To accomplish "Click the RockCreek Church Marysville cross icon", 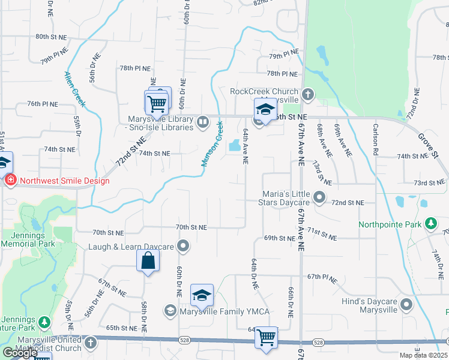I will point(307,95).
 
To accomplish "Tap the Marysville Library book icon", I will point(203,122).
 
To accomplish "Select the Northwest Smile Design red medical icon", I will point(10,181).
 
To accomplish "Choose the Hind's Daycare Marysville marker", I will point(408,305).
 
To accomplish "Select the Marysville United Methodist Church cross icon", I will point(90,343).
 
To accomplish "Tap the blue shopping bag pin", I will point(148,262).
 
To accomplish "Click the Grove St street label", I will point(430,146).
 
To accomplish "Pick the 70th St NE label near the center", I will point(191,227).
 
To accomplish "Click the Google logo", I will point(20,353).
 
